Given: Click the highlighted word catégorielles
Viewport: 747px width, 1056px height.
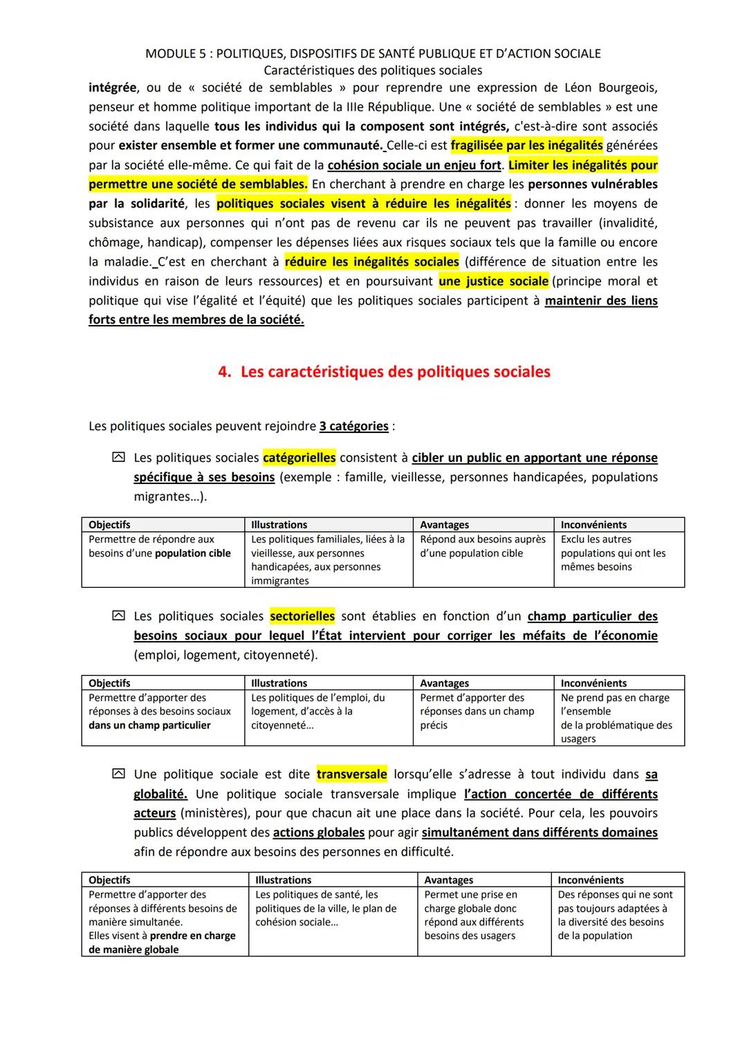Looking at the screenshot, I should (x=299, y=458).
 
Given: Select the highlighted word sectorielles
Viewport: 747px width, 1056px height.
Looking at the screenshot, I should (x=302, y=616).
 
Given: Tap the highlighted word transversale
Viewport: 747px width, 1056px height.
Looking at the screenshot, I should (x=351, y=775).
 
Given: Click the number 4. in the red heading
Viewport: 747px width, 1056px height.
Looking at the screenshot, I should (x=224, y=372).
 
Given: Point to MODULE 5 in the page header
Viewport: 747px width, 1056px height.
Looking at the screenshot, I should (x=173, y=53).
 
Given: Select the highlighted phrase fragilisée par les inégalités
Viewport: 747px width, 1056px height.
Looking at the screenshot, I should (x=526, y=145).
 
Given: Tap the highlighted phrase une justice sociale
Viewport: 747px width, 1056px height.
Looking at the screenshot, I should (x=493, y=281).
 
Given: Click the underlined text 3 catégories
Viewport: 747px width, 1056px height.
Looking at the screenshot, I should (x=353, y=426).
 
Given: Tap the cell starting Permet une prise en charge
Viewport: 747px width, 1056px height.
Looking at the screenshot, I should (x=474, y=915).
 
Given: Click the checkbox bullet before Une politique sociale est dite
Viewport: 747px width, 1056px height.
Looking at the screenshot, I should (x=118, y=775).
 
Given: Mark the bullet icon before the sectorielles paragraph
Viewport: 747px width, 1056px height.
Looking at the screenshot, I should (x=118, y=616).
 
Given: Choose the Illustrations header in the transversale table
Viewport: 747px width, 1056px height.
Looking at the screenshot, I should (x=284, y=880).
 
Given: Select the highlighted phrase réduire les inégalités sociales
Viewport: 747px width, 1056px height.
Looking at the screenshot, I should (x=371, y=262).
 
